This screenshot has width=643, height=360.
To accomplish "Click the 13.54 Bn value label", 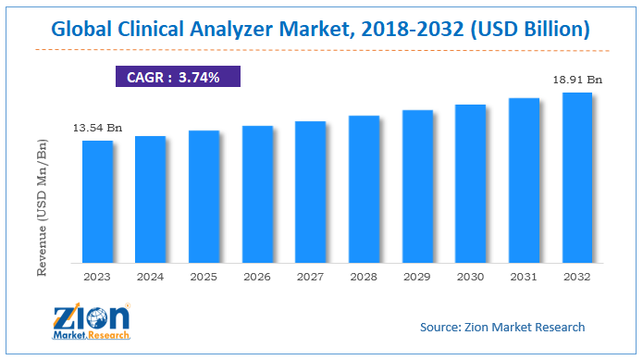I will click(x=97, y=127).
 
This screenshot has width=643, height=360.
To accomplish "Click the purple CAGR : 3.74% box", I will click(x=178, y=77).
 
